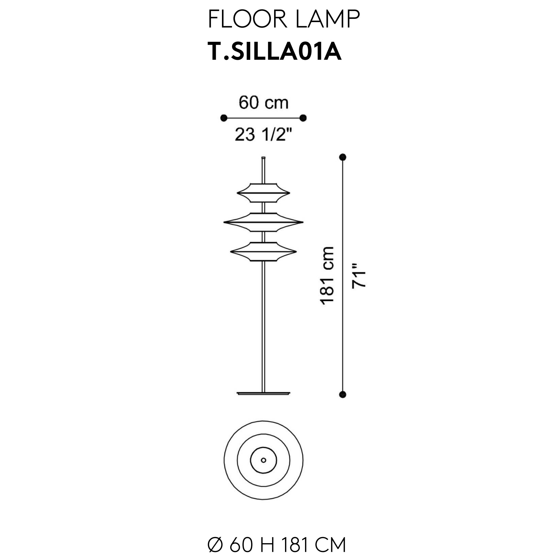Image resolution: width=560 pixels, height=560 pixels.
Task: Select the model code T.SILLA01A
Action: pos(275,51)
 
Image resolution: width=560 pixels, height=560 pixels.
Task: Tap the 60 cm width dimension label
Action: pos(263,103)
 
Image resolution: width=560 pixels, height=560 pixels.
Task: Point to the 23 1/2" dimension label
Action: pos(263,135)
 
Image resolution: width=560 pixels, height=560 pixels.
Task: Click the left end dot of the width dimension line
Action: pos(224,118)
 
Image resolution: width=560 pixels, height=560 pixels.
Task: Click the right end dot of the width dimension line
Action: pos(303,118)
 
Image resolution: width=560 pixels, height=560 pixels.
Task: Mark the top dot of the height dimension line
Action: pos(342,157)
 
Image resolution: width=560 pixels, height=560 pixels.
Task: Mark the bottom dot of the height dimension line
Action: pos(342,394)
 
